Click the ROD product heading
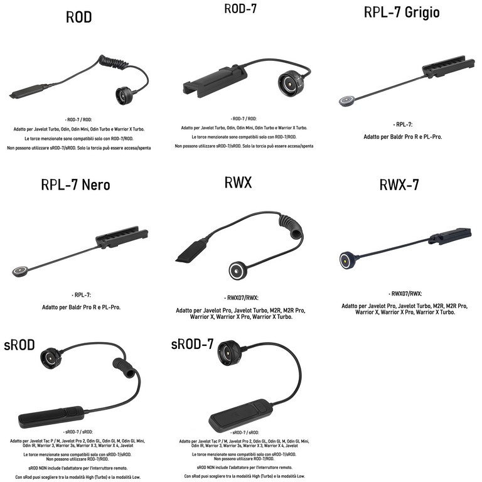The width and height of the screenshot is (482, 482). click(x=78, y=18)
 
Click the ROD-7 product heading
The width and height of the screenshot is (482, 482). click(x=242, y=9)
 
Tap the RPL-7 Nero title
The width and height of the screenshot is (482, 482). click(x=75, y=185)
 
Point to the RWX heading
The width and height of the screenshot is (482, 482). click(x=238, y=183)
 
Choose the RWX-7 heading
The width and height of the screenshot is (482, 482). click(x=399, y=185)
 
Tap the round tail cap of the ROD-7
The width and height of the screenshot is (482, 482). click(x=291, y=84)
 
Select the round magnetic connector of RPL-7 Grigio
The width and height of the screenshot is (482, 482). click(x=345, y=99)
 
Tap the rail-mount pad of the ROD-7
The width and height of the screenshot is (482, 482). click(x=208, y=91)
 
